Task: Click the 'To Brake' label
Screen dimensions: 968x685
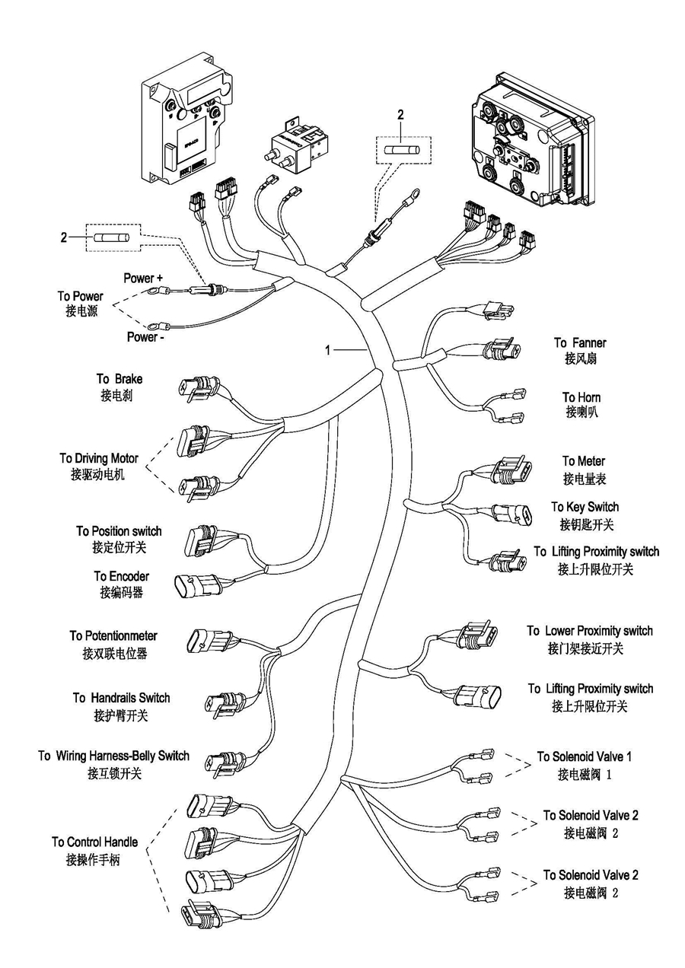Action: [x=119, y=379]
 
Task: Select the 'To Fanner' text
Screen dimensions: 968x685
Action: [x=580, y=343]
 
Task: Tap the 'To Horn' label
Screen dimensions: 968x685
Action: [x=581, y=397]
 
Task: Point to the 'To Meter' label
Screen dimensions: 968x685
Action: [x=584, y=461]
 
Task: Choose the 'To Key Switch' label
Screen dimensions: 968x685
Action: [x=585, y=507]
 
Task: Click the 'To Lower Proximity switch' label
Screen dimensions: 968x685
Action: [x=589, y=631]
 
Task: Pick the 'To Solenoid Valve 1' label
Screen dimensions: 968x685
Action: [x=584, y=756]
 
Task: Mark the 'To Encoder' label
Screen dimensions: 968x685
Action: [x=122, y=577]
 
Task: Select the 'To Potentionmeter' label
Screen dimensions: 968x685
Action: [x=113, y=635]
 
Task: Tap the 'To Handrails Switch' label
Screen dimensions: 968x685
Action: [x=121, y=698]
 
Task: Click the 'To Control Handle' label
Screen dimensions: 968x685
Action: [x=94, y=842]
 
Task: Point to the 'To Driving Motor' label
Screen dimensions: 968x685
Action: [x=99, y=458]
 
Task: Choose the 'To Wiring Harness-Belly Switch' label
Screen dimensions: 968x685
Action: [x=114, y=756]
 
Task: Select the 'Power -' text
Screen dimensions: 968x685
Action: [x=145, y=336]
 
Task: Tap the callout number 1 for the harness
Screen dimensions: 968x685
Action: [x=328, y=350]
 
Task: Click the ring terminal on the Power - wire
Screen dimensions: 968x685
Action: [x=161, y=325]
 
